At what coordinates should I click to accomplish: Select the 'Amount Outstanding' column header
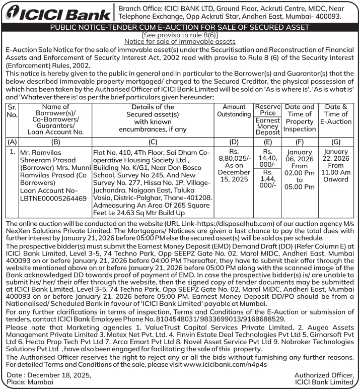click(234, 111)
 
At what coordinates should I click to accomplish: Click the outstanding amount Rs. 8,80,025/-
click(234, 158)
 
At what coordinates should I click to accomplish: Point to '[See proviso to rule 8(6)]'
click(180, 35)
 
